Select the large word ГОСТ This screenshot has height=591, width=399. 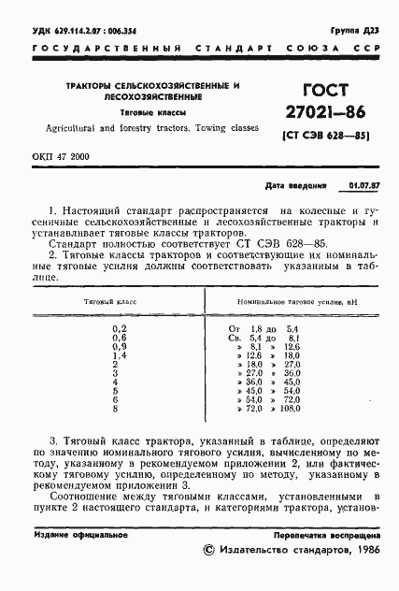tap(318, 90)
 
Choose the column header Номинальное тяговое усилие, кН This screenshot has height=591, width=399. tap(286, 303)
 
